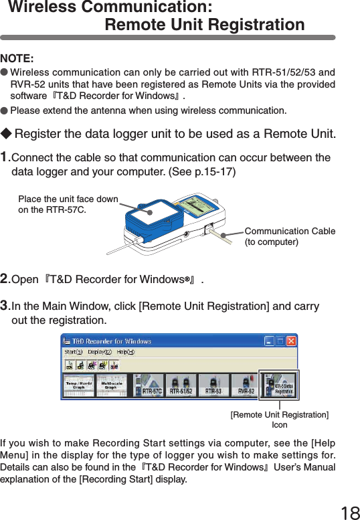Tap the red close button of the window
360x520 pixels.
coord(290,341)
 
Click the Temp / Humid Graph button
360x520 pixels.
coord(79,385)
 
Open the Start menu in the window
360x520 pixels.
coord(74,352)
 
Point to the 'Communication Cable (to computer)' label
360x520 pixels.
coord(290,236)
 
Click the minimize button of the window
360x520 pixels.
coord(268,341)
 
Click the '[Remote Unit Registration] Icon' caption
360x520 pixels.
coord(279,420)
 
